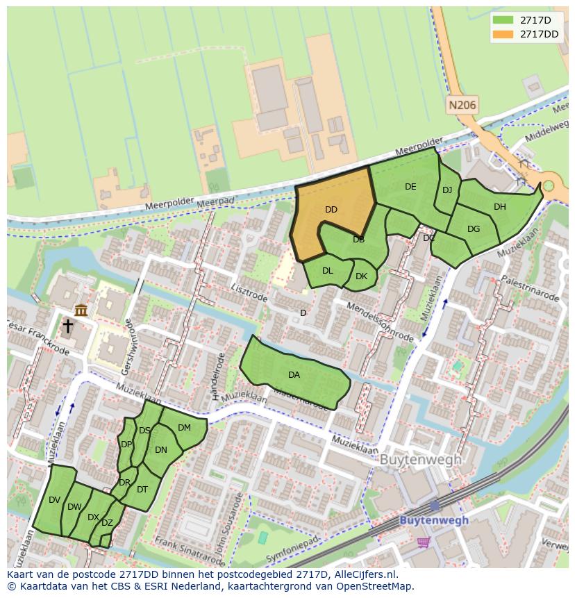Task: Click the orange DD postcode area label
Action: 331,209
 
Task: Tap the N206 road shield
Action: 462,106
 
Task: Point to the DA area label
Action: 294,375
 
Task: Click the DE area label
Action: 410,186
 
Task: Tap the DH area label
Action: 500,206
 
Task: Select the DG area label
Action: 474,229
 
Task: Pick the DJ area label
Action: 447,190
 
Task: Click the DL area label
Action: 328,271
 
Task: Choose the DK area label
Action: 361,276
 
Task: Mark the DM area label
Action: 184,427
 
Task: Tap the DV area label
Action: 55,499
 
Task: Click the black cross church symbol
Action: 67,326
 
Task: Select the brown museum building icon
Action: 81,310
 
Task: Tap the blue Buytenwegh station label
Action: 434,520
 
